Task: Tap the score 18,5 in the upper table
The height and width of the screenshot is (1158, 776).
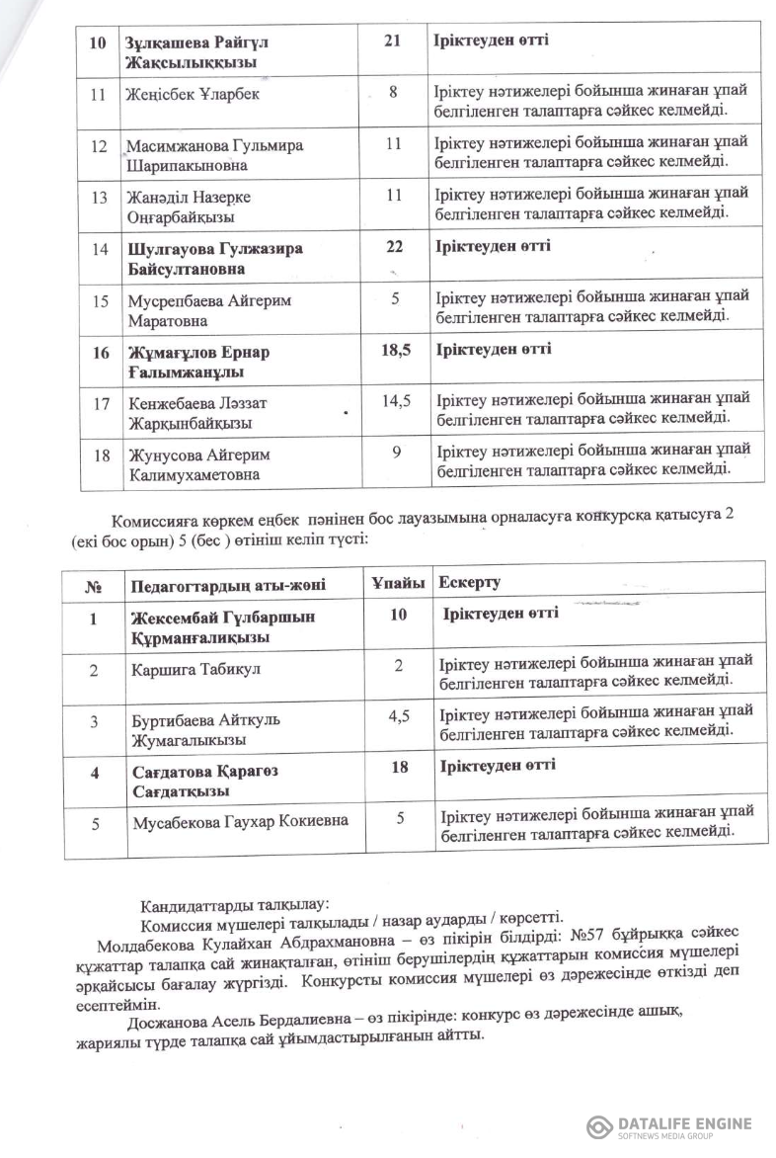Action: tap(395, 350)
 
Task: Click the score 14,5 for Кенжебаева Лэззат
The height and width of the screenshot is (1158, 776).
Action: tap(395, 401)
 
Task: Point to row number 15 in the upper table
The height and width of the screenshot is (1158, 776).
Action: tap(99, 299)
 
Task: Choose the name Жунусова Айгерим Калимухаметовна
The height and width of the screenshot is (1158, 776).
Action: tap(198, 464)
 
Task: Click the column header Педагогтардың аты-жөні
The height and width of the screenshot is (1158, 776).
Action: tap(229, 584)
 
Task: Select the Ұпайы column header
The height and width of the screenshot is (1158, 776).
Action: tap(397, 583)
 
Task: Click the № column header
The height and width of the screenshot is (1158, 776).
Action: tap(95, 585)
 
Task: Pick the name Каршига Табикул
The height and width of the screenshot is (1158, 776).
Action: tap(188, 670)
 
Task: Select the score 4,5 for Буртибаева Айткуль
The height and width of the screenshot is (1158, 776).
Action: tap(398, 718)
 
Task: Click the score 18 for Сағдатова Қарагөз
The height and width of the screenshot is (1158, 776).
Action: tap(399, 767)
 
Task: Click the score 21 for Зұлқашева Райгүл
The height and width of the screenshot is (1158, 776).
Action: tap(393, 42)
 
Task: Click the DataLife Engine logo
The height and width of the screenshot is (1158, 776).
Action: tap(669, 1126)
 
